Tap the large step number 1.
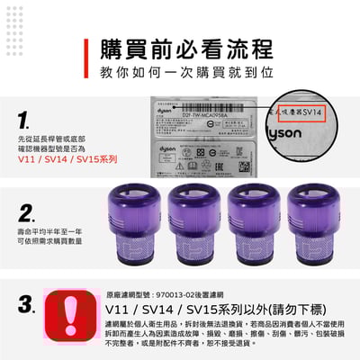pyautogui.click(x=24, y=121)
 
